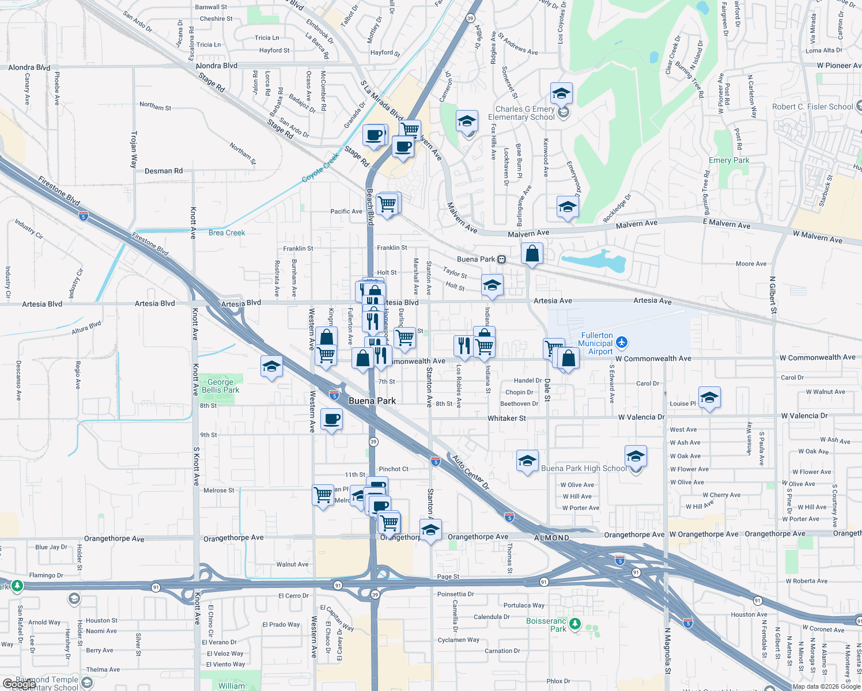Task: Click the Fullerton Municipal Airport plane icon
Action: (621, 343)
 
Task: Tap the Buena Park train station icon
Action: (502, 260)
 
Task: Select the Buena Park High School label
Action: (584, 468)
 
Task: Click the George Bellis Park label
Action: (221, 386)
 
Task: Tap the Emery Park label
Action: (729, 161)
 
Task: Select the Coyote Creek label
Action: (321, 168)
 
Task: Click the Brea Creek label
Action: (226, 233)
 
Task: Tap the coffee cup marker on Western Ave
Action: (331, 419)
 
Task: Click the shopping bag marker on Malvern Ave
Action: (532, 253)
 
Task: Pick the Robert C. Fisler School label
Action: (812, 107)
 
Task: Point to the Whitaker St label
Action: (506, 418)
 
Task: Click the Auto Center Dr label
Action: (470, 473)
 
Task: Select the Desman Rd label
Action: (164, 171)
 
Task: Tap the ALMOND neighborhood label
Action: (551, 538)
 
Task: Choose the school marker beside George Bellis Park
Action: (271, 367)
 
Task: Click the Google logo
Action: (19, 684)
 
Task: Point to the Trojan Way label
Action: (134, 149)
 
